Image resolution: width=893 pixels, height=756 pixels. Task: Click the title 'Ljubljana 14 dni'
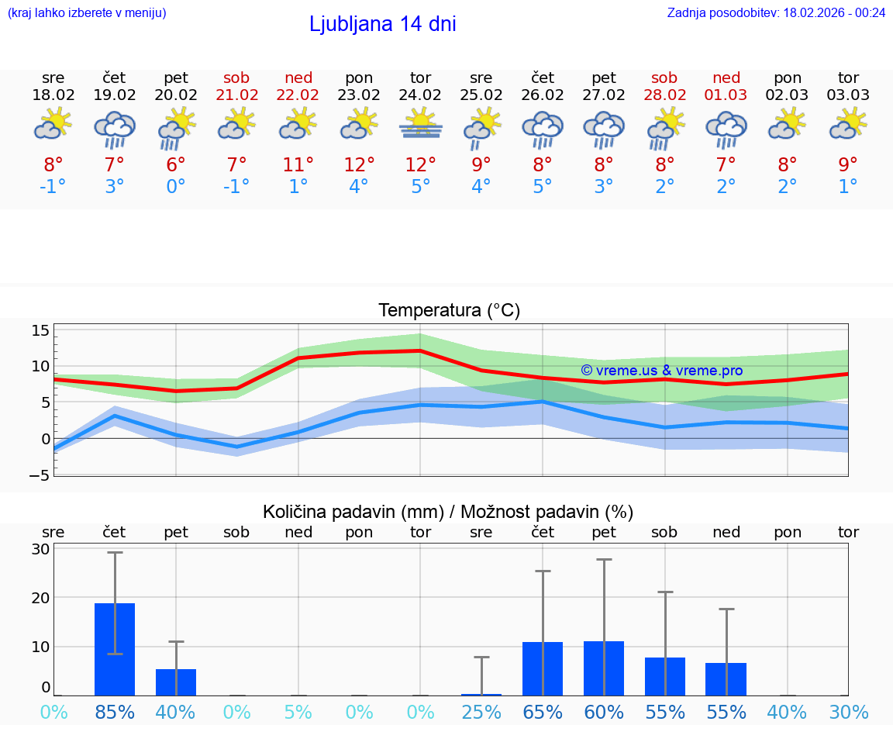coord(382,24)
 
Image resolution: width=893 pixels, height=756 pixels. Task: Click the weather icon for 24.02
coord(421,123)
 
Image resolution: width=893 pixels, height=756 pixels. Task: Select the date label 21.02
coord(236,95)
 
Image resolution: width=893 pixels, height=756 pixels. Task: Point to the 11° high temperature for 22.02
coord(298,164)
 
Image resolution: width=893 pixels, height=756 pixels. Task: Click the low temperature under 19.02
coord(115,187)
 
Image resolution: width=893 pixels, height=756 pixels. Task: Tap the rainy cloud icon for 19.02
coord(115,128)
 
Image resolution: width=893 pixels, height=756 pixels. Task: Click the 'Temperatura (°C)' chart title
coord(449,311)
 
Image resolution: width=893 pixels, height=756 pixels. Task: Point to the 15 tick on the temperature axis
coord(40,331)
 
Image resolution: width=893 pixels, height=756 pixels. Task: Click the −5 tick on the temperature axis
coord(40,475)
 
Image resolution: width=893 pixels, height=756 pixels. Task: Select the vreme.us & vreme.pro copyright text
coord(661,371)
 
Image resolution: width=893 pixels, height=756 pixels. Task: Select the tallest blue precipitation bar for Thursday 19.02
coord(115,649)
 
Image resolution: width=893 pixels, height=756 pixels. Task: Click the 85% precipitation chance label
coord(115,712)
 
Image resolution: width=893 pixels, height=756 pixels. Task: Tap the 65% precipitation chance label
coord(543,712)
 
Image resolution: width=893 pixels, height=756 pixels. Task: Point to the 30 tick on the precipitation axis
coord(40,549)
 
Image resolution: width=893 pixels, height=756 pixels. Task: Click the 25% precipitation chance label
coord(481,712)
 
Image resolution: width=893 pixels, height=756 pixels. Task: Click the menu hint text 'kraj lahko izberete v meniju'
coord(86,12)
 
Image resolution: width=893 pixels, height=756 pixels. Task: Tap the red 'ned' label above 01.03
coord(726,78)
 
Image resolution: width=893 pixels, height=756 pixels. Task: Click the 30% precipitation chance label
coord(848,712)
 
